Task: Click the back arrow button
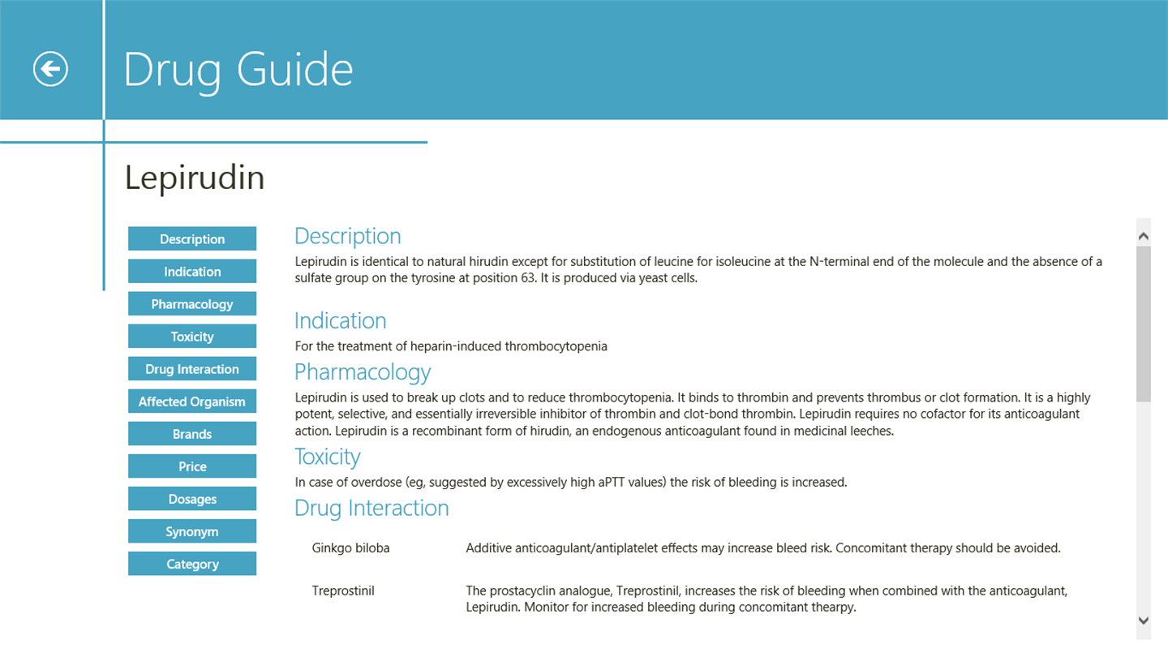coord(50,69)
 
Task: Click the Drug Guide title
coord(238,70)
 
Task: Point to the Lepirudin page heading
coord(195,178)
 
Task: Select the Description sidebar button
coord(192,239)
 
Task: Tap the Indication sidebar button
coord(192,272)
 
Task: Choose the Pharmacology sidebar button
coord(192,304)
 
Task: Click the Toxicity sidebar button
coord(192,337)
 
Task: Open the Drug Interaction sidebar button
coord(192,369)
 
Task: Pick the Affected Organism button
coord(192,401)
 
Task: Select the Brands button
coord(192,434)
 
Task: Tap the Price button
coord(192,466)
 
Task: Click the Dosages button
coord(192,499)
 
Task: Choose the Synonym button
coord(192,531)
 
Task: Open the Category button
coord(192,564)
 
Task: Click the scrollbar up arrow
coord(1144,236)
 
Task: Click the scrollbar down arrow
coord(1144,620)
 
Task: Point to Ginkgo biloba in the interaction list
coord(350,548)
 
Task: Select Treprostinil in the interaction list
coord(343,590)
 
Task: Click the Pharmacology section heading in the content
coord(362,372)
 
